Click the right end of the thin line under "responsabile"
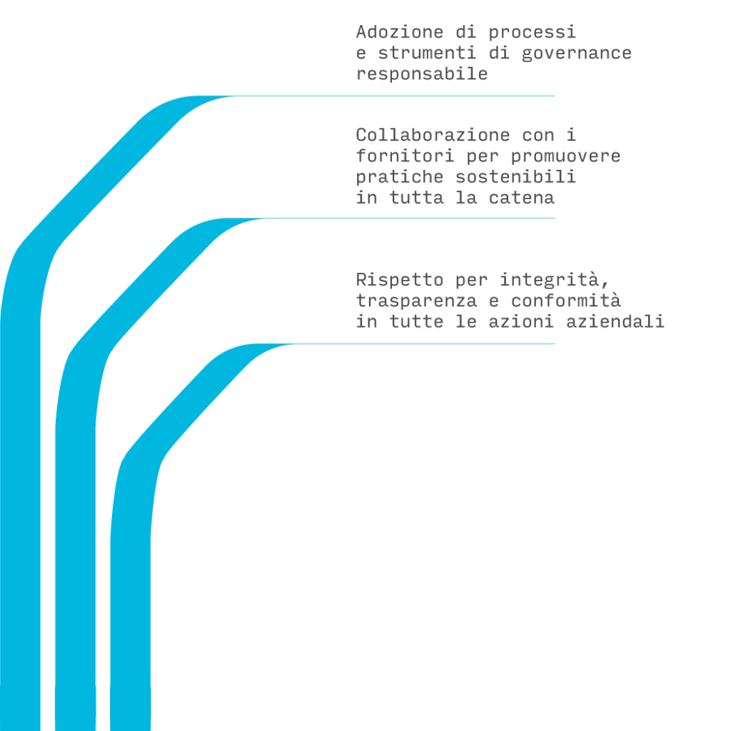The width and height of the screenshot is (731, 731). (x=554, y=96)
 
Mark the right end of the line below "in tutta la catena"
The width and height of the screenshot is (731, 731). (x=554, y=218)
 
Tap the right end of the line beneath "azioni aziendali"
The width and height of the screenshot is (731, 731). (x=554, y=344)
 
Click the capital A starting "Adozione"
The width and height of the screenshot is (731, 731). (x=361, y=32)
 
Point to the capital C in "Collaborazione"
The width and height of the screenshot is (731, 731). (x=361, y=135)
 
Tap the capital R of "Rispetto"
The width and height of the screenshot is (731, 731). (x=361, y=280)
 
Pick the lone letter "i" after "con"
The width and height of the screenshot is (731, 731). (x=572, y=135)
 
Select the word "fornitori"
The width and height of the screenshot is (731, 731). (x=405, y=156)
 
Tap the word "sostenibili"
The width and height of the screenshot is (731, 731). (x=515, y=177)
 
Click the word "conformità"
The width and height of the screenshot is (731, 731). (x=566, y=301)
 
